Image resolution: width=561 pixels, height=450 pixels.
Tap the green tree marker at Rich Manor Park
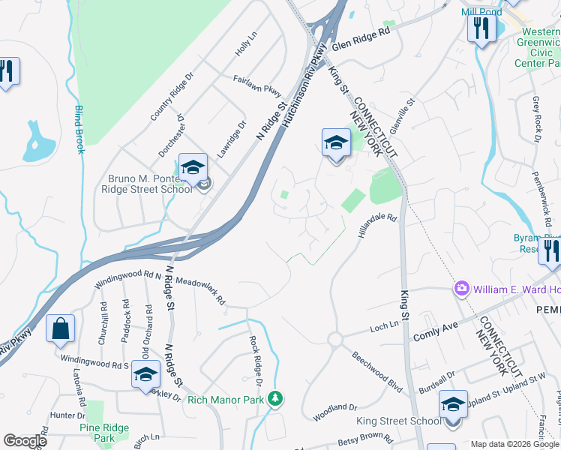coord(276,397)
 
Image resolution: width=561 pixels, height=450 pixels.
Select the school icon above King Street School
coord(452,405)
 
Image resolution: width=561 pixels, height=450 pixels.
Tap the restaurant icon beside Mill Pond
coord(479,29)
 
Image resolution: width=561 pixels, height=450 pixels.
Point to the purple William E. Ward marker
coord(460,289)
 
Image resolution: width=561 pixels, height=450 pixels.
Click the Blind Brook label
coord(78,130)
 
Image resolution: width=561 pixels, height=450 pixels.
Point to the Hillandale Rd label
coord(376,224)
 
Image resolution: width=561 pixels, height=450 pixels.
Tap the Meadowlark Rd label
coord(201,289)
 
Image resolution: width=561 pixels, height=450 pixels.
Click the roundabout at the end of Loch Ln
coord(334,340)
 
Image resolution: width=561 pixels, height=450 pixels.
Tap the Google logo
coord(25,441)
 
